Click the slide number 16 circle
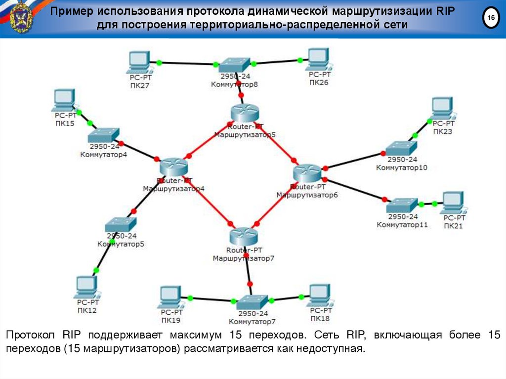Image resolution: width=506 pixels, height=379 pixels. point(491,17)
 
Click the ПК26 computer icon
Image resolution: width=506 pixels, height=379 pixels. point(319,59)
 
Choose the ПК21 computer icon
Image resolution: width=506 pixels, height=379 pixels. point(454,203)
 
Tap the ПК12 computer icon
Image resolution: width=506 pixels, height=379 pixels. point(87,287)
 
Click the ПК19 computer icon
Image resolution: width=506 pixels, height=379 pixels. point(170,297)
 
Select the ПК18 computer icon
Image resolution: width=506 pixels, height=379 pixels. point(320,295)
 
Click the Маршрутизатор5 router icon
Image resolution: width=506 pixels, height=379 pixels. point(245,113)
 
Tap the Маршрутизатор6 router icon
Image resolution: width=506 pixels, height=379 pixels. point(307,173)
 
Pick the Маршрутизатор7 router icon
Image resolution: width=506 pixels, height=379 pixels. point(244,236)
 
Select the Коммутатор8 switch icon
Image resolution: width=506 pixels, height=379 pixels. point(234,65)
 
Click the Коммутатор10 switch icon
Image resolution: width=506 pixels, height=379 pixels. point(401,149)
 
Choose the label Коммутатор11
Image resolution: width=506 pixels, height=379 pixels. point(402,225)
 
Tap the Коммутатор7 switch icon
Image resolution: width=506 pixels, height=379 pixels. point(252,302)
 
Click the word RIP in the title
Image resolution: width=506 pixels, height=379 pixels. point(446,11)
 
